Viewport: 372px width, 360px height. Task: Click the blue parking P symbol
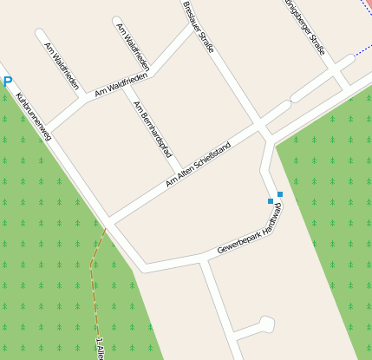click(8, 82)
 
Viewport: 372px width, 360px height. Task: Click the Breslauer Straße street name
click(198, 26)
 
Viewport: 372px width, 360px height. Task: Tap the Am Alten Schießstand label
click(199, 164)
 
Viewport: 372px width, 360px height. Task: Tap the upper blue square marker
click(279, 194)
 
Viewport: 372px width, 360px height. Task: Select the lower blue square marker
click(271, 201)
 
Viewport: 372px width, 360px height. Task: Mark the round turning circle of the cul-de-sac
click(265, 324)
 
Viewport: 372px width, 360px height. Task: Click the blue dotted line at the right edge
click(362, 52)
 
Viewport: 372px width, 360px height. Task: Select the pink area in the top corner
click(368, 4)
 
